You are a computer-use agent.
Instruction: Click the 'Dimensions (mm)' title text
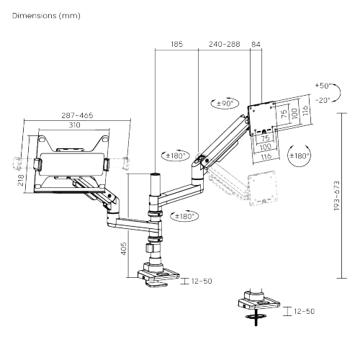tap(46, 16)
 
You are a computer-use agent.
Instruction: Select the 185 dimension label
tap(177, 44)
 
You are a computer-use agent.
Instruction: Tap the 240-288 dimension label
tap(224, 44)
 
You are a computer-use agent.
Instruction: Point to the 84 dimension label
tap(256, 44)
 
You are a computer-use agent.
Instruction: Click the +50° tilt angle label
tap(323, 86)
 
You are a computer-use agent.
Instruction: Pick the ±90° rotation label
tap(225, 104)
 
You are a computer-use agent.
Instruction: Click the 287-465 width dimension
tap(77, 115)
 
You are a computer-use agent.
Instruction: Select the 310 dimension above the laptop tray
tap(74, 125)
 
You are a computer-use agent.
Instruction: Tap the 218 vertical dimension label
tap(21, 180)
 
